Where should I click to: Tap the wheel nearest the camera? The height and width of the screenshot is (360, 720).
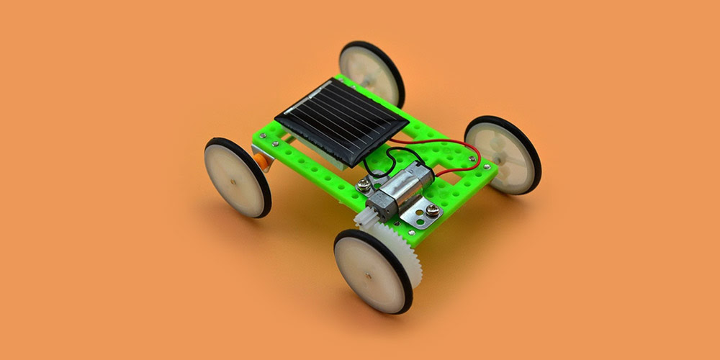372,271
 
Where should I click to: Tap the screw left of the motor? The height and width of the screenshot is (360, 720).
368,186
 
